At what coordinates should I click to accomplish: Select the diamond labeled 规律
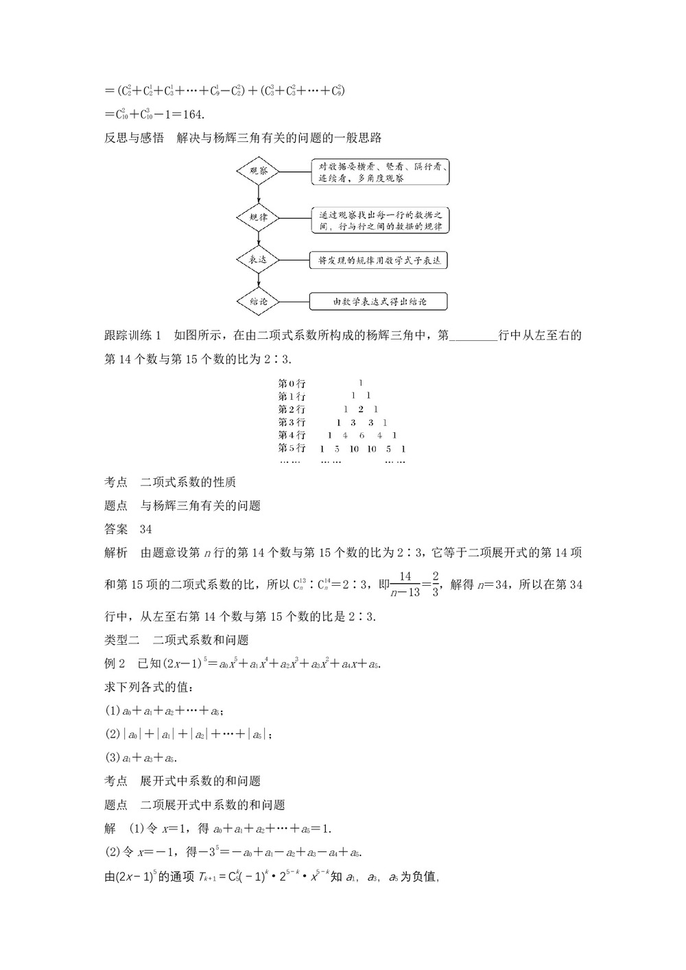click(258, 217)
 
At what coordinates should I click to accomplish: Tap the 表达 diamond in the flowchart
click(258, 260)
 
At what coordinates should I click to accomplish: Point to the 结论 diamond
click(258, 300)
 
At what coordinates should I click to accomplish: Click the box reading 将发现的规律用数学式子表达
click(379, 260)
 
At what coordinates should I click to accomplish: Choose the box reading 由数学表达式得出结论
click(379, 301)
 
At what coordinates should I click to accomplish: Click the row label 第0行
click(292, 383)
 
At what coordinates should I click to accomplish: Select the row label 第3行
click(292, 423)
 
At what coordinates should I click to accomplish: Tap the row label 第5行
click(292, 449)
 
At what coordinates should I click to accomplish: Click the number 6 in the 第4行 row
click(362, 436)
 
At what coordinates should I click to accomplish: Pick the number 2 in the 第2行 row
click(360, 410)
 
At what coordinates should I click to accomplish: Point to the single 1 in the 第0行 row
click(361, 383)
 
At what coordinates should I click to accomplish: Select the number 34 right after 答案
click(145, 529)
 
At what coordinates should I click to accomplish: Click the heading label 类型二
click(121, 640)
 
